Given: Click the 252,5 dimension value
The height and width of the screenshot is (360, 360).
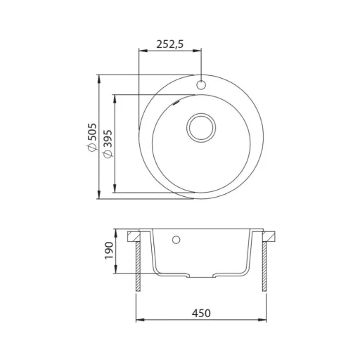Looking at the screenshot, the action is (170, 44).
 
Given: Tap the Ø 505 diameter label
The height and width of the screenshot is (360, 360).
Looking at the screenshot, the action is (91, 137).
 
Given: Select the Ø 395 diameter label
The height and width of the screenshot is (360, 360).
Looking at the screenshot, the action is (108, 143).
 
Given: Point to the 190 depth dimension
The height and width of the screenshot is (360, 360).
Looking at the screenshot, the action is (109, 250).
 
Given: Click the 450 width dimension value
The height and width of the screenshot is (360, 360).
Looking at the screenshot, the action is (201, 313).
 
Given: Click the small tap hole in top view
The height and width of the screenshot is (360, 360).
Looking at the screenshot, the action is (201, 85).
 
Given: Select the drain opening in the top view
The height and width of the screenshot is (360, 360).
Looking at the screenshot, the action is (201, 128).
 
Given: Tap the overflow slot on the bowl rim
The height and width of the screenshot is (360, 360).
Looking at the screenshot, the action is (176, 103).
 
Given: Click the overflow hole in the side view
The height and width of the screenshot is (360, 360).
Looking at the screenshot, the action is (176, 240).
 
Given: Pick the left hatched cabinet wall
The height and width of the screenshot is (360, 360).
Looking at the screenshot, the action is (139, 266).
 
